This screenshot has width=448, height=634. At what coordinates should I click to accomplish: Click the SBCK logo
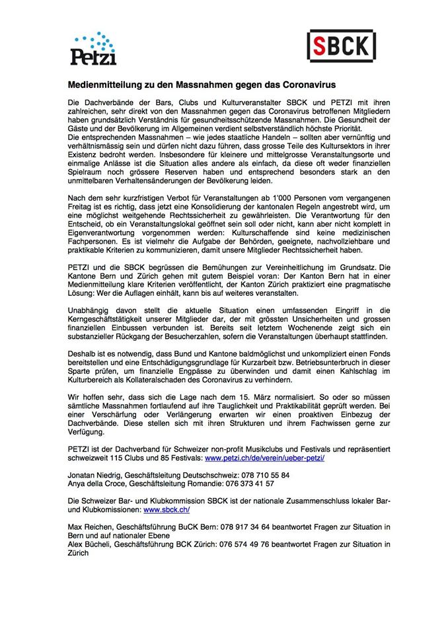tap(342, 46)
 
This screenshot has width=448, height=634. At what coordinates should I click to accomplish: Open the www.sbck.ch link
tap(167, 510)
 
